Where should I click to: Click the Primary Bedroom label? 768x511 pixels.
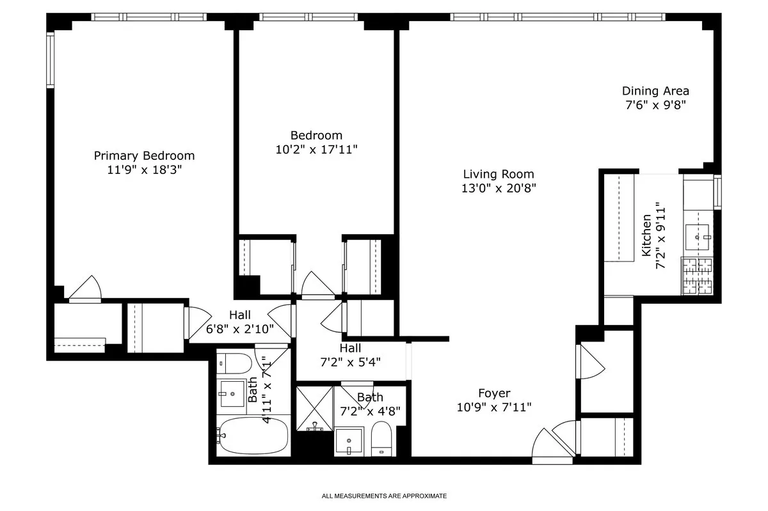[144, 155]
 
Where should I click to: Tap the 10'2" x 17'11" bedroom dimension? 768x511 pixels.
[316, 150]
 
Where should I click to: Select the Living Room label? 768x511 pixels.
[499, 174]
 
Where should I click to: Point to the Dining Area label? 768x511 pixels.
[655, 91]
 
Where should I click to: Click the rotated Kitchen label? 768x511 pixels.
[646, 236]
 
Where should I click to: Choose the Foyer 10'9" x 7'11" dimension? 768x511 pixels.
[494, 407]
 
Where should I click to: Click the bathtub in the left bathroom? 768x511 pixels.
[250, 436]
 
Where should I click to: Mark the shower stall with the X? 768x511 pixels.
[314, 407]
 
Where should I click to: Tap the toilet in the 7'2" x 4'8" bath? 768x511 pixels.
[381, 438]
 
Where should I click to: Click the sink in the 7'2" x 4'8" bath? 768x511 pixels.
[349, 441]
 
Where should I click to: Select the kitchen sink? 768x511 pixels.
[698, 237]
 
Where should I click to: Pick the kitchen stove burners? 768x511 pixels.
[698, 276]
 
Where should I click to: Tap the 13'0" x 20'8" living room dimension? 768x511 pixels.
[499, 188]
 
